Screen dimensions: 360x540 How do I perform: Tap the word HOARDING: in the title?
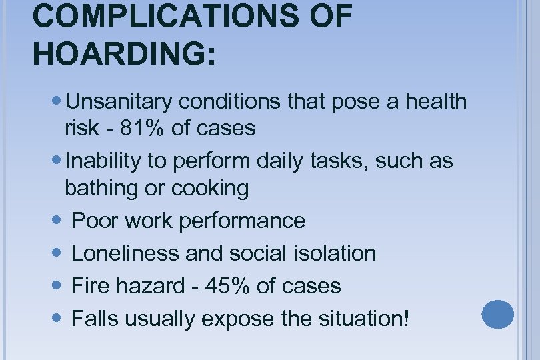click(124, 53)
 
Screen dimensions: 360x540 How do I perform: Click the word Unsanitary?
click(119, 102)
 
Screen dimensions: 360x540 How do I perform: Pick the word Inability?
click(104, 161)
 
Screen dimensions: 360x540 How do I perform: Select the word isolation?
click(336, 254)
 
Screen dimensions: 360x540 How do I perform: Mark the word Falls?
click(93, 319)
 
